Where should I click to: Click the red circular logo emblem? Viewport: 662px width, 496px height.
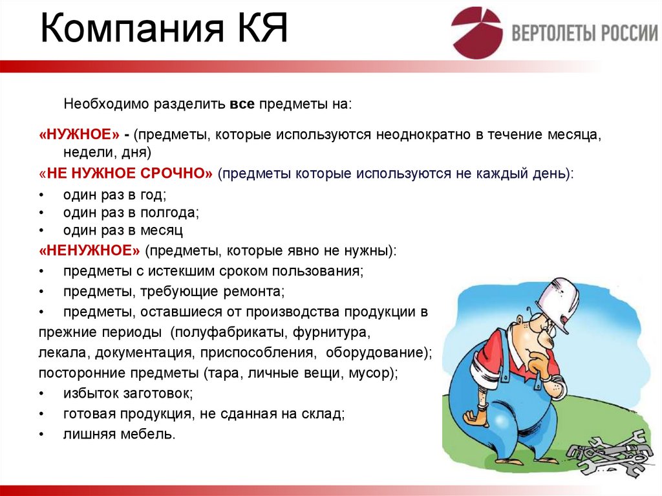coord(476,32)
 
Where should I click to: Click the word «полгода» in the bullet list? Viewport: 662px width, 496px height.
coord(169,212)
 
